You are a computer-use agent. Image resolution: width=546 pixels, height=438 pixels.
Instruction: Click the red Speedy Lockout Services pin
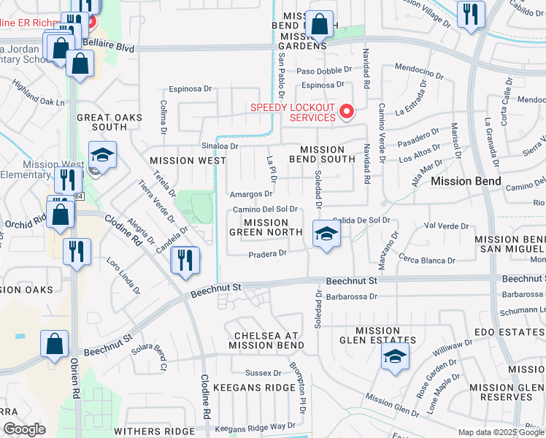point(347,112)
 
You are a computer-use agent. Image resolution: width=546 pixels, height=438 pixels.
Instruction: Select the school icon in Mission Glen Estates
point(395,357)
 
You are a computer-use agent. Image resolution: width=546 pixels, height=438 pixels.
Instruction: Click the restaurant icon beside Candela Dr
point(185,260)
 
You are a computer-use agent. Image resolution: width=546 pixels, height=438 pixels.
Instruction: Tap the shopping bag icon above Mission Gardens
point(320,24)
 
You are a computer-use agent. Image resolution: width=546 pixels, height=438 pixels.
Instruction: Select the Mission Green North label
point(266,228)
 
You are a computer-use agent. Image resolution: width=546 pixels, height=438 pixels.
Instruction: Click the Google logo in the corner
point(24,430)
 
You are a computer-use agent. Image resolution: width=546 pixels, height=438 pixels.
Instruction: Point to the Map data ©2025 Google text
point(500,432)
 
